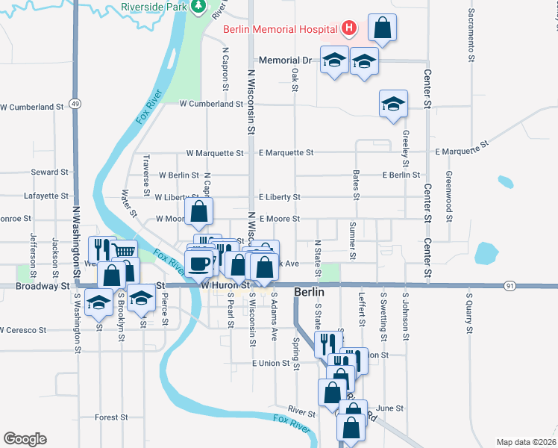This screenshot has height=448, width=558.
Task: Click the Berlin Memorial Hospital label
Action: click(280, 30)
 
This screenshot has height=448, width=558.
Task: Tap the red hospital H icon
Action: click(348, 29)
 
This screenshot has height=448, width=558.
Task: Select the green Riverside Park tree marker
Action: click(198, 7)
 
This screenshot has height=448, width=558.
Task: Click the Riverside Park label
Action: click(154, 7)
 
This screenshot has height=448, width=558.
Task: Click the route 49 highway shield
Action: click(75, 103)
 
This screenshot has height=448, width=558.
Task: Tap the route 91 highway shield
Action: click(510, 285)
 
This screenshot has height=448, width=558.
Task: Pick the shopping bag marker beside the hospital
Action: click(381, 29)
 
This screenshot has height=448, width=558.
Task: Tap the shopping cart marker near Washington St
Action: click(125, 252)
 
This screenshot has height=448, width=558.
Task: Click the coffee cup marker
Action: click(199, 263)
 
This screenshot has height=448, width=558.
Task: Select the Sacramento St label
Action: click(472, 30)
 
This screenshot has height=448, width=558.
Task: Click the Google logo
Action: click(25, 438)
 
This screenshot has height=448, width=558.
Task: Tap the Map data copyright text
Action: click(526, 442)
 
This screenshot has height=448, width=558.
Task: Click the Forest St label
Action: click(113, 417)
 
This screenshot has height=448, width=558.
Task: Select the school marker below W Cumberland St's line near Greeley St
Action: click(393, 104)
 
